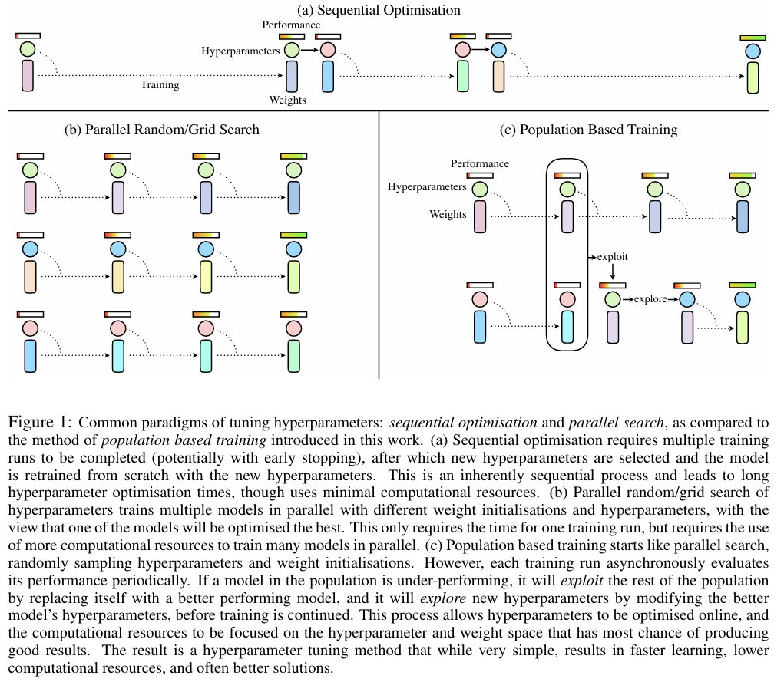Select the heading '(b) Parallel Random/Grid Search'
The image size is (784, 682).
pos(162,130)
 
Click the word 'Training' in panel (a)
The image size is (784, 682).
pos(160,84)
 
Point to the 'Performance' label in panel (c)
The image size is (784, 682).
pos(479,163)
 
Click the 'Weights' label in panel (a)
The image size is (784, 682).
pos(287,100)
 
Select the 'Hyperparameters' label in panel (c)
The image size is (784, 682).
pos(427,186)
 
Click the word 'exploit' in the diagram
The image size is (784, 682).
pos(613,257)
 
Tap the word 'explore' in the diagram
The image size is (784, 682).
pos(650,298)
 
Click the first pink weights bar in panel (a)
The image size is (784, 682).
pos(28,77)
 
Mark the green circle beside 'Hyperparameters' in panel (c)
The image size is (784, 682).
pos(480,188)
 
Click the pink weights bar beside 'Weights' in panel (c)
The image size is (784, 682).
pos(480,216)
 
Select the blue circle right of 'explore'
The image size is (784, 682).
pos(686,298)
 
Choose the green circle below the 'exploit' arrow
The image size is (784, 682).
pos(612,298)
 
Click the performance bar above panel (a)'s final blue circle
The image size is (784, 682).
pos(753,38)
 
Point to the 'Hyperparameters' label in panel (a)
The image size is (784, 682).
pos(240,51)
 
